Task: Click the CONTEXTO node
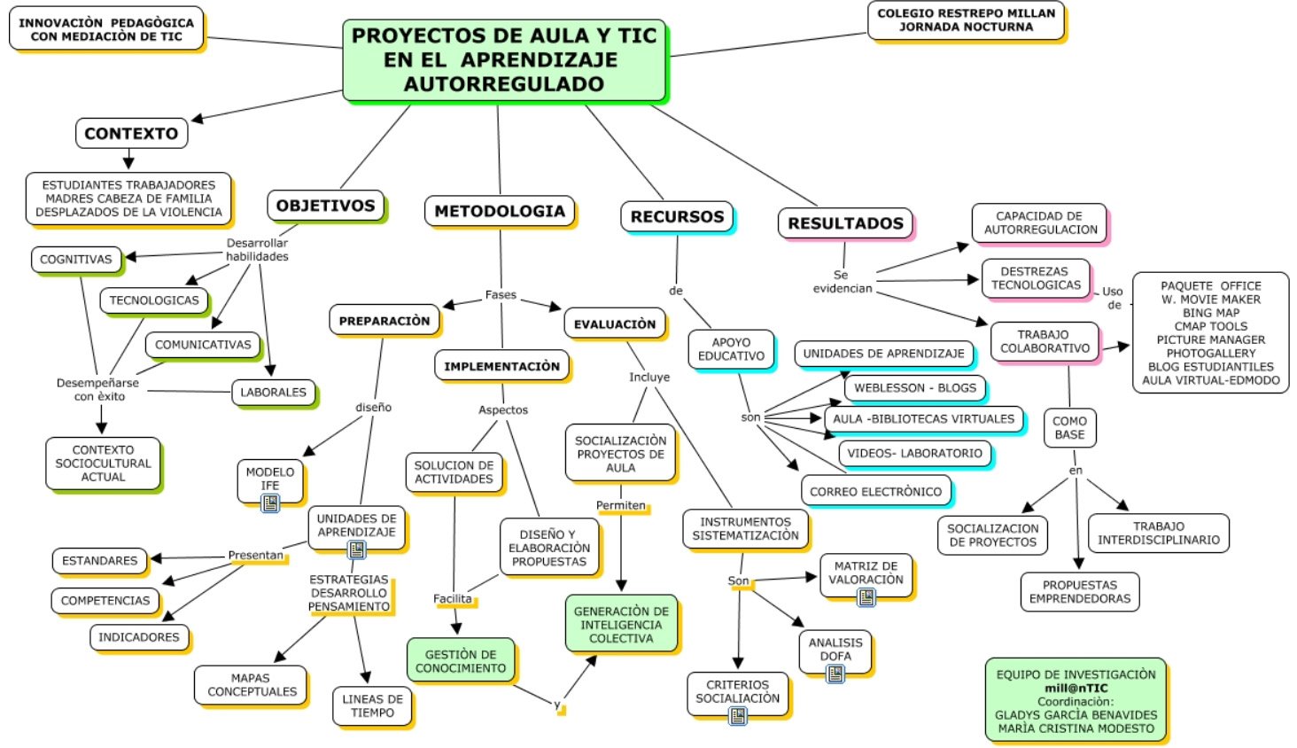click(x=131, y=133)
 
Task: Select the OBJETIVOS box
click(x=326, y=206)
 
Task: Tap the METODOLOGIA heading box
click(x=500, y=211)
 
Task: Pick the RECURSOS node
click(x=677, y=217)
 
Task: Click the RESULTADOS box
click(x=845, y=223)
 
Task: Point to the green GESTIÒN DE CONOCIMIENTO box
click(x=461, y=661)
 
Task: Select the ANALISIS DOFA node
click(x=835, y=650)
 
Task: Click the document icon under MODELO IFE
click(x=270, y=503)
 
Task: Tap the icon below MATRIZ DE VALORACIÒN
click(x=866, y=596)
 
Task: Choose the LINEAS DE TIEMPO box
click(x=372, y=705)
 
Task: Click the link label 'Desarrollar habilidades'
click(x=257, y=250)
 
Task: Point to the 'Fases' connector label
click(x=501, y=295)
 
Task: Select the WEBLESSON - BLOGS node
click(x=915, y=388)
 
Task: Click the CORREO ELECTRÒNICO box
click(x=876, y=491)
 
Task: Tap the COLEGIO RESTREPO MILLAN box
click(x=966, y=20)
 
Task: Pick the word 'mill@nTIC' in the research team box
click(x=1076, y=689)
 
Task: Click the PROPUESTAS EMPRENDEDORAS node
click(x=1080, y=591)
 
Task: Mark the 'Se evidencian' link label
click(x=843, y=282)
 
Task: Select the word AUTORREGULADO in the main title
click(x=504, y=84)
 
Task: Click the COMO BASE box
click(x=1069, y=427)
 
